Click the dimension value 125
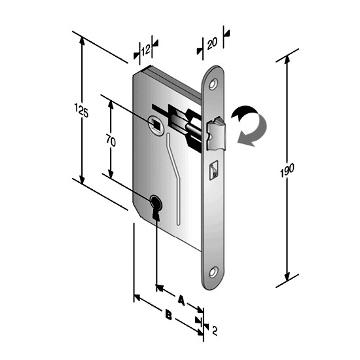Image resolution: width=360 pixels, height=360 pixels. tap(82, 111)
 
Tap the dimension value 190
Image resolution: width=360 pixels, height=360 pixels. tap(287, 170)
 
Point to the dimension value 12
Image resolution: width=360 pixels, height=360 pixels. tap(146, 50)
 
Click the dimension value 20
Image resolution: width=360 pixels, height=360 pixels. tap(212, 43)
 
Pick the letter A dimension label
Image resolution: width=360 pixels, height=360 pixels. tap(181, 300)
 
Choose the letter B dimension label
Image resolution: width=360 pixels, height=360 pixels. tap(168, 315)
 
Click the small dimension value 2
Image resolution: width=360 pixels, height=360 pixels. tap(214, 331)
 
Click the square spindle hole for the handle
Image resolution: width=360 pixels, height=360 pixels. tap(157, 124)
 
